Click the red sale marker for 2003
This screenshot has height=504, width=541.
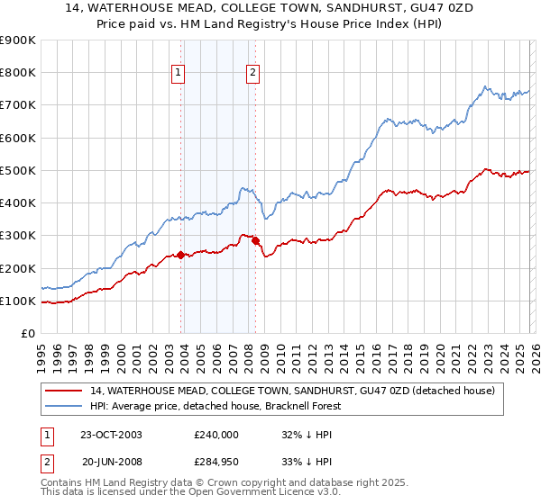[181, 255]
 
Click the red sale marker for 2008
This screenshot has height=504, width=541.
[255, 240]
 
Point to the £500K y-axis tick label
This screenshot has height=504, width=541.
[18, 170]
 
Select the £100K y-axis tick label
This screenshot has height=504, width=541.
[18, 301]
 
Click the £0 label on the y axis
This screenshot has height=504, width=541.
[27, 334]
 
